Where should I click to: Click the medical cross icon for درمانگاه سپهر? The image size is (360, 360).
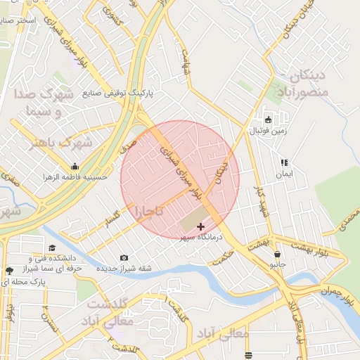tap(202, 226)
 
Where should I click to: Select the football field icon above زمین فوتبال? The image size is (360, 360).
tap(268, 118)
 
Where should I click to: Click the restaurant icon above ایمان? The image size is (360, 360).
tap(283, 162)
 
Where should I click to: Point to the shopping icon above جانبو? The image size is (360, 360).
tap(278, 254)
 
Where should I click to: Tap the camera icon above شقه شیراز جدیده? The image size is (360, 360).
tap(124, 257)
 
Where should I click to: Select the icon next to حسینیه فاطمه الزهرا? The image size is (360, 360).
tap(75, 167)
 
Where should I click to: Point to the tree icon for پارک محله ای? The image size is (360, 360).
tap(8, 271)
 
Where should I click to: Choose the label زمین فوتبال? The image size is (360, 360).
tap(268, 131)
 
